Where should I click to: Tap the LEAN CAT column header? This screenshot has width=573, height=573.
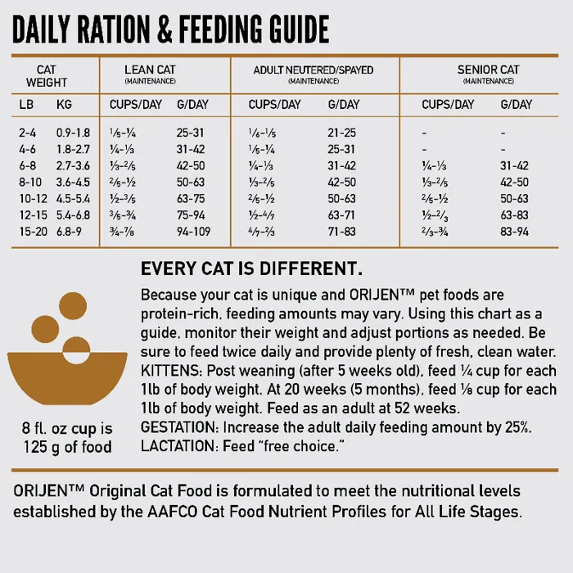[x=151, y=70]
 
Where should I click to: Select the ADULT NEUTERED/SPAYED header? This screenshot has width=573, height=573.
[x=313, y=70]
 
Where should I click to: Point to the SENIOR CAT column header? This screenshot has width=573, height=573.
[x=488, y=70]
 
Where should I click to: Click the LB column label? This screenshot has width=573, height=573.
[x=26, y=105]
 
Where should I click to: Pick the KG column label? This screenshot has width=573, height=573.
[x=64, y=105]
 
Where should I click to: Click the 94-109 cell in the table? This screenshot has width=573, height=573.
[x=193, y=232]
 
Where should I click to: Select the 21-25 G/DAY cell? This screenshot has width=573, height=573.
[x=341, y=133]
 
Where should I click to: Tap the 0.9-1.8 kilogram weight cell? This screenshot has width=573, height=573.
[x=74, y=133]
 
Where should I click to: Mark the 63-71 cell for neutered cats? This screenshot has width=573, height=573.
[x=341, y=215]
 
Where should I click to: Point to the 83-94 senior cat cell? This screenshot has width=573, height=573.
[x=515, y=232]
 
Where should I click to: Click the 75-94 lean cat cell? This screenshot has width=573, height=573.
[x=191, y=215]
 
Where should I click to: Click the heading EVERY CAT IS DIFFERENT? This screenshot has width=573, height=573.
[x=252, y=269]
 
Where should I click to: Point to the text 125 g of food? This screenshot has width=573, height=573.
[x=67, y=447]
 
